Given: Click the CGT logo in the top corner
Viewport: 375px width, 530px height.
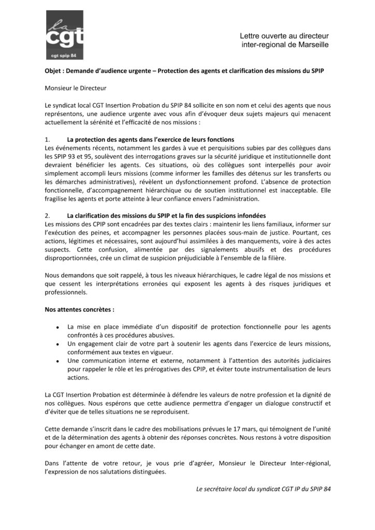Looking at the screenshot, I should tap(64, 35).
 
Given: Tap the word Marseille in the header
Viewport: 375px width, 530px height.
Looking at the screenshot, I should tap(312, 45).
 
